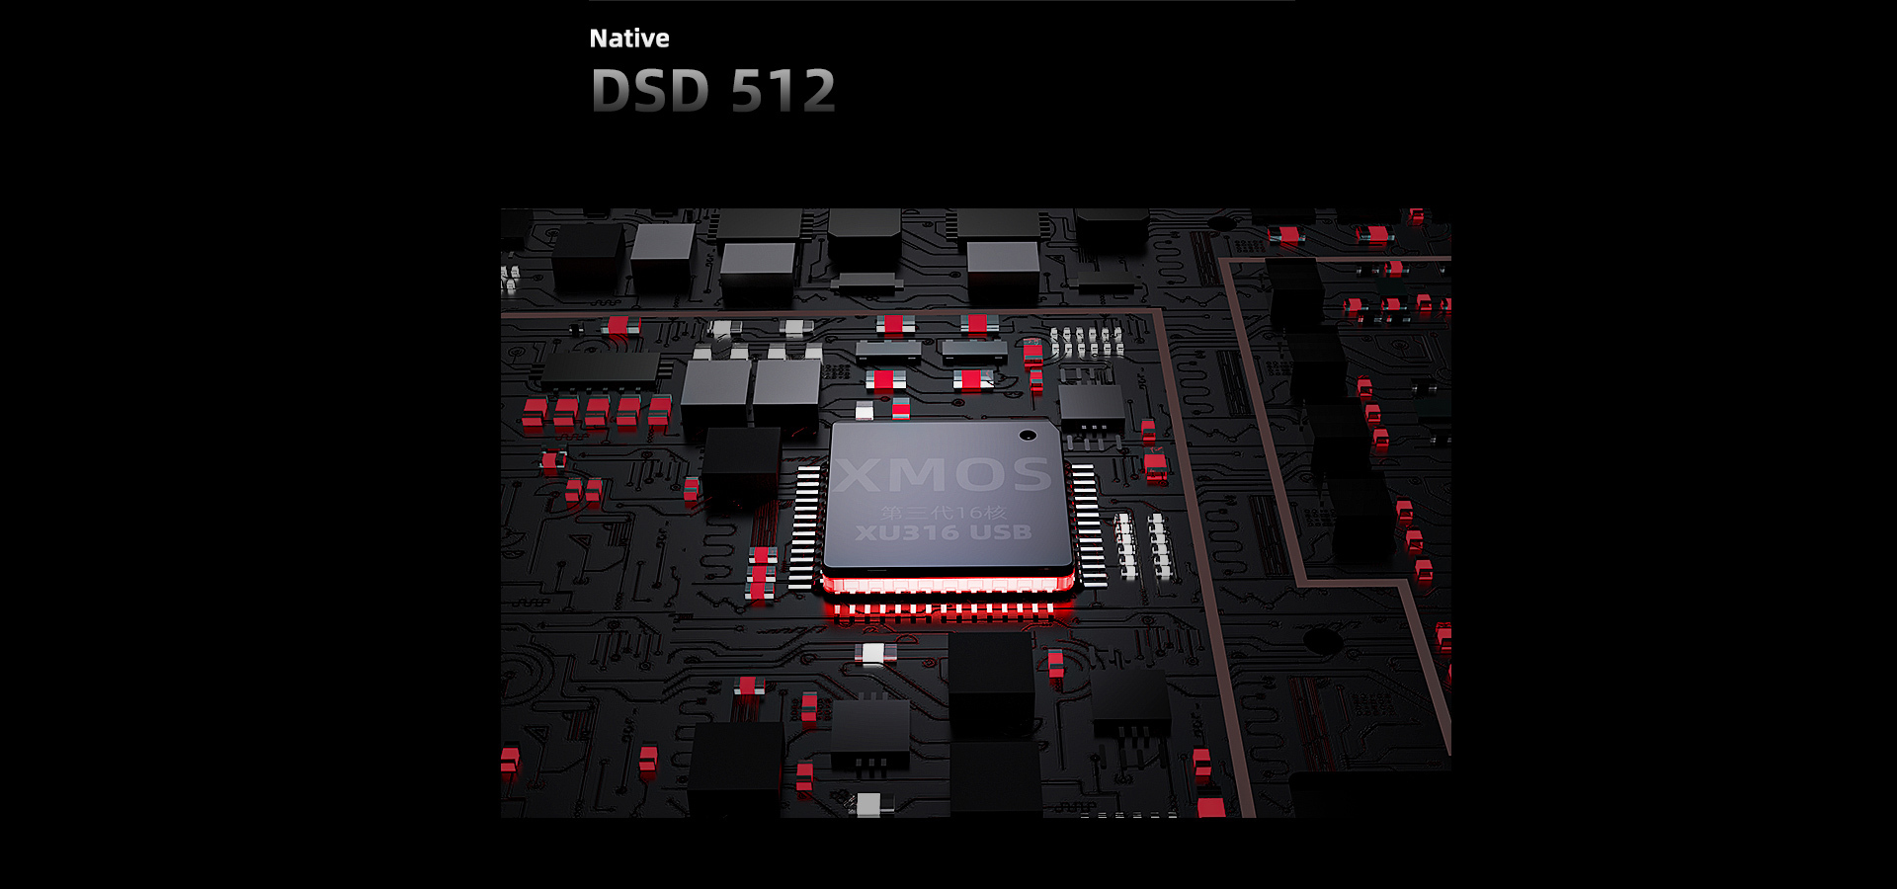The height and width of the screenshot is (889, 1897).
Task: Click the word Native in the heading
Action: point(628,39)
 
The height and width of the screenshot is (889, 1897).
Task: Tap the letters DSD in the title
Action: point(650,91)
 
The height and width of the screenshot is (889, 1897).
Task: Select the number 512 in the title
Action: point(784,91)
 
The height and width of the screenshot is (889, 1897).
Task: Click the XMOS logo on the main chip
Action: point(942,475)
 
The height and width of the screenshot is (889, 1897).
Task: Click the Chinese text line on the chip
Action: point(943,512)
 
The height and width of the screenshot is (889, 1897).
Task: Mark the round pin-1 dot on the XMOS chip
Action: point(1028,435)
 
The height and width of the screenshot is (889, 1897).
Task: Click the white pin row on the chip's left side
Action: point(805,527)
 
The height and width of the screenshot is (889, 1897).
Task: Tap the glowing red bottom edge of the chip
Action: point(947,585)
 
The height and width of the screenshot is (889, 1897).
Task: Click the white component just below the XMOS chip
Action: point(873,653)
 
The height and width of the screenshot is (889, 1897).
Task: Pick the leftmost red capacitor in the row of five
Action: point(534,413)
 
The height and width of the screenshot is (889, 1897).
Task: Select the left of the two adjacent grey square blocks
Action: point(715,393)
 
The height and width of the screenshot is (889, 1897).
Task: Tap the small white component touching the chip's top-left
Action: point(865,410)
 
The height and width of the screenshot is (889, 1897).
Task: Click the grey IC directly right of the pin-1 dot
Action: point(1091,405)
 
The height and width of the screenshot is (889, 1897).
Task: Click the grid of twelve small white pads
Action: point(1086,342)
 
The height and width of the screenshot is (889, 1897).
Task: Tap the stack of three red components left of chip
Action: point(761,573)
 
